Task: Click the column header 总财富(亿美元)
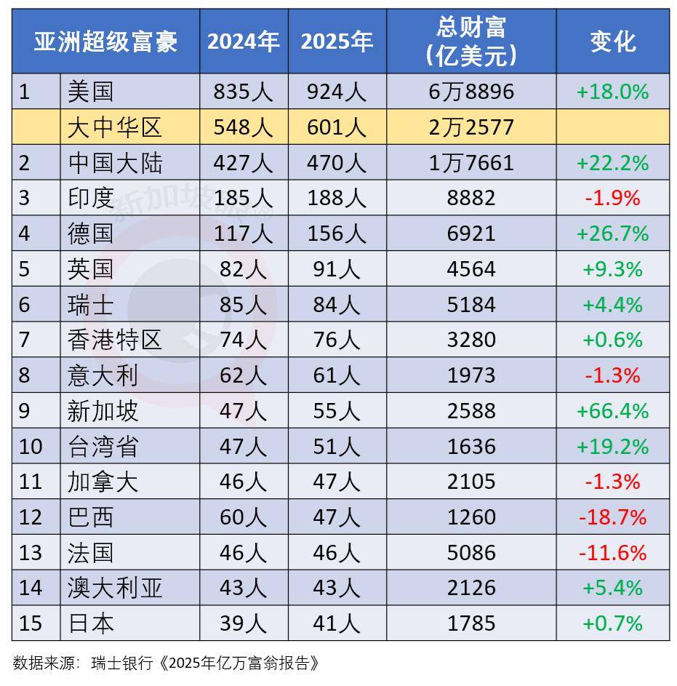470,41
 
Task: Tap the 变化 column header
612,41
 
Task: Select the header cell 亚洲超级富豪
105,41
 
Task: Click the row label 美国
90,92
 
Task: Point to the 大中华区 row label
114,127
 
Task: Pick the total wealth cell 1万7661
470,163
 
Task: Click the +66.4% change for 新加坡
612,411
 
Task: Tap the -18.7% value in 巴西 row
612,517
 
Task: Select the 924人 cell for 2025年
336,92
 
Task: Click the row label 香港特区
114,340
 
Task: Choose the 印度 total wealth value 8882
470,198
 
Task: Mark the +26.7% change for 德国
612,234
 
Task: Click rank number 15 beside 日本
31,623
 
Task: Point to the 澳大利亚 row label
114,588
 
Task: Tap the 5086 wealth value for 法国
470,553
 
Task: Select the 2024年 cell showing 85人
243,304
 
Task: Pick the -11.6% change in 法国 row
612,553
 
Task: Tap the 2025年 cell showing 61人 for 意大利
336,375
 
